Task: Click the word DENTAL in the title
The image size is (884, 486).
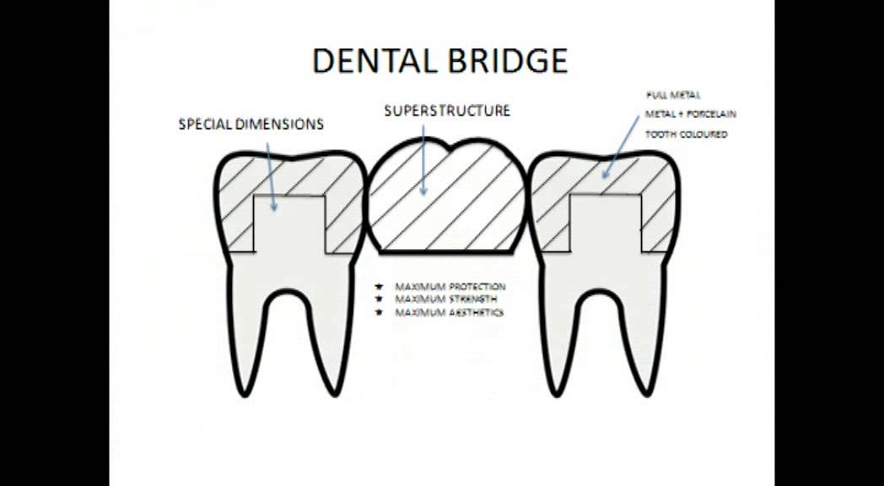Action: point(372,61)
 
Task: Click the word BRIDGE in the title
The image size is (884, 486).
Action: point(505,61)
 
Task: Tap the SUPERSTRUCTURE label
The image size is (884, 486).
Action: point(447,111)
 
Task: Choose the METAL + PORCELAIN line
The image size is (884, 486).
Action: point(691,115)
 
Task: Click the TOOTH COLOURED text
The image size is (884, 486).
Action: point(686,135)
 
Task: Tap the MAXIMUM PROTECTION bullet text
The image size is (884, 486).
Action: point(450,287)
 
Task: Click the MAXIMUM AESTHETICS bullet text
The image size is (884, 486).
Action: point(449,312)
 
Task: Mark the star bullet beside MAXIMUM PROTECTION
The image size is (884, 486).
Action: point(379,287)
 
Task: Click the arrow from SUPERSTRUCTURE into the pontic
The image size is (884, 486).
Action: point(423,160)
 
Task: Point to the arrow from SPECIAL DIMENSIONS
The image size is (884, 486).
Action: point(271,176)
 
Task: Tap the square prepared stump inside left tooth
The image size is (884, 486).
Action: point(289,224)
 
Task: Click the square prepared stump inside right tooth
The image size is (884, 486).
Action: point(606,224)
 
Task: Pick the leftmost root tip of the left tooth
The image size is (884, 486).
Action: point(245,395)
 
